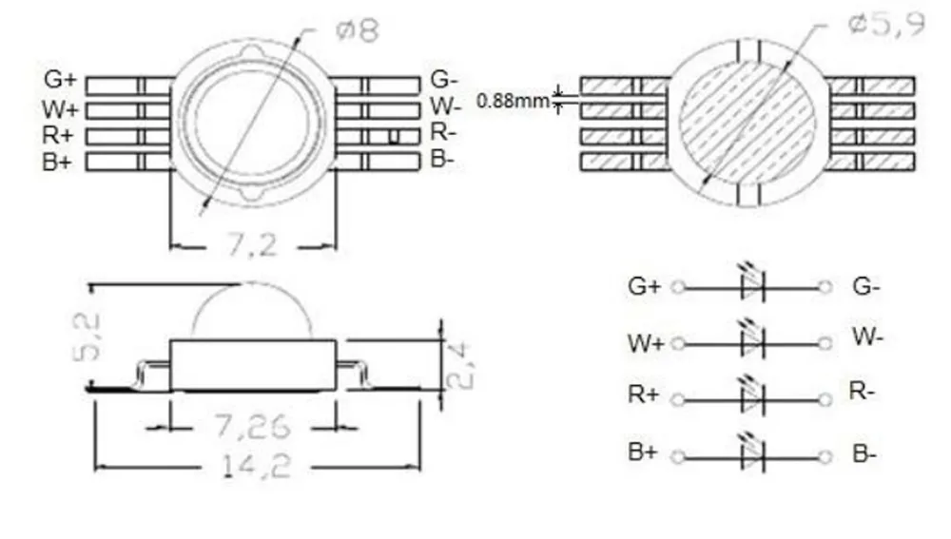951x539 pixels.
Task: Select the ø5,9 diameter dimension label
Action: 884,26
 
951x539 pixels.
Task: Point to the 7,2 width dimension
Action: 252,245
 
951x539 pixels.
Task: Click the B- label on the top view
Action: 442,159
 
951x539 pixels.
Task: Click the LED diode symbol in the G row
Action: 752,285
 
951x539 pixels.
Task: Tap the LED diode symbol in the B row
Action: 752,454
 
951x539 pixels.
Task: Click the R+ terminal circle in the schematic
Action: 677,399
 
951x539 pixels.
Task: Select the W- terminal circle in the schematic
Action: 825,343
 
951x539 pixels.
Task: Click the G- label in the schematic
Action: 866,286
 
